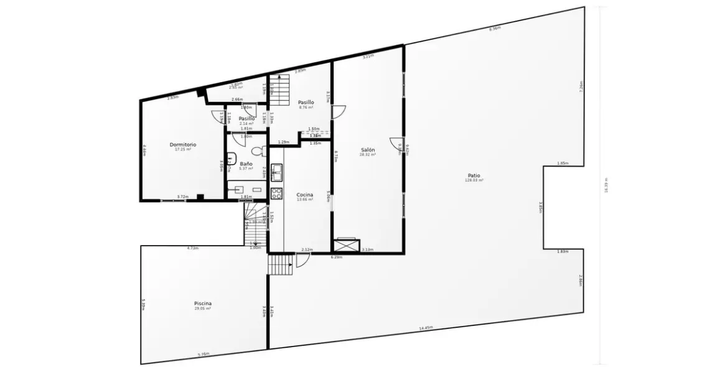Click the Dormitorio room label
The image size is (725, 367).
click(x=183, y=144)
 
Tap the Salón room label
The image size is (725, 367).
click(x=368, y=149)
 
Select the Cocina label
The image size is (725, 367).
click(x=304, y=195)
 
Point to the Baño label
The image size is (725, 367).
click(x=246, y=164)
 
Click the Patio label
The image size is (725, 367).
click(x=474, y=175)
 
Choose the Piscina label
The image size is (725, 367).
click(x=203, y=304)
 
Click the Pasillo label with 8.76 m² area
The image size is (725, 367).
click(x=306, y=102)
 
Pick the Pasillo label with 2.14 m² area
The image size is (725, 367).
click(x=246, y=118)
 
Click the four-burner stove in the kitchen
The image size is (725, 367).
click(x=277, y=193)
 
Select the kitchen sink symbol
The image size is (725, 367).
click(x=277, y=170)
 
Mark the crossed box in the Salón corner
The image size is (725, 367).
click(x=347, y=245)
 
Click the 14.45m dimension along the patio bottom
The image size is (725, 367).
click(x=426, y=328)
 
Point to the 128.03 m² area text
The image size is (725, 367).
click(x=474, y=180)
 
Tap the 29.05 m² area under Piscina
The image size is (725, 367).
click(x=203, y=309)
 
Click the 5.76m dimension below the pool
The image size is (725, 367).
click(x=203, y=355)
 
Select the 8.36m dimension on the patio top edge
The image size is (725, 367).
click(x=495, y=29)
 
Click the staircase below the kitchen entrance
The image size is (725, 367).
click(x=281, y=265)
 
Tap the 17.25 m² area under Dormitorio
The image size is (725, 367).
click(x=183, y=149)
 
